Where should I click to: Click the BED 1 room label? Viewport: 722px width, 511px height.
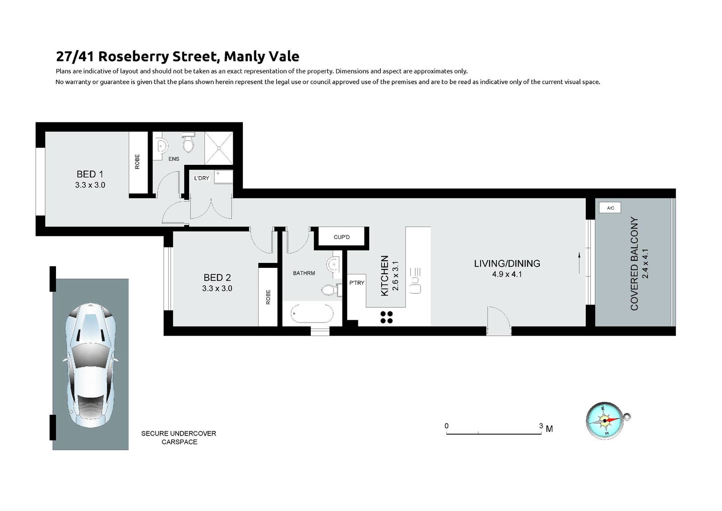point(90,174)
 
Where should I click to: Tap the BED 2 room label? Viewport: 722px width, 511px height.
point(217,277)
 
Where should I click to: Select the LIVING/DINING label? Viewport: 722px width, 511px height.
point(507,263)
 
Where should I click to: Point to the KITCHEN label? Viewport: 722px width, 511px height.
point(384,276)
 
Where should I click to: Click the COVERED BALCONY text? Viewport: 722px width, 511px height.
point(634,264)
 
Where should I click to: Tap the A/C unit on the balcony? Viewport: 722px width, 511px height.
point(610,208)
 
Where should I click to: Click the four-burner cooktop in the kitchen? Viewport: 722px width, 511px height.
point(387,317)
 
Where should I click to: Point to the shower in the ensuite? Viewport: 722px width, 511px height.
point(219,148)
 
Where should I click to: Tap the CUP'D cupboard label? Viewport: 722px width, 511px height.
point(342,237)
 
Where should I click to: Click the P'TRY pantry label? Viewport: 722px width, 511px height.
point(356,283)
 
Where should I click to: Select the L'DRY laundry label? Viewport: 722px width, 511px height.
point(202,178)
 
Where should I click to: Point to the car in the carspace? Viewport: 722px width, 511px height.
point(91,366)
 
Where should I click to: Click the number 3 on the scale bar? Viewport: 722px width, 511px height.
point(541,426)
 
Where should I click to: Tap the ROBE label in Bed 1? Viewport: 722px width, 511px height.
point(137,162)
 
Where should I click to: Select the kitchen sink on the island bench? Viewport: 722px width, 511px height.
point(415,281)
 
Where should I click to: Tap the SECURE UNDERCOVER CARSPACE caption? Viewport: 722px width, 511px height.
point(179,437)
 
